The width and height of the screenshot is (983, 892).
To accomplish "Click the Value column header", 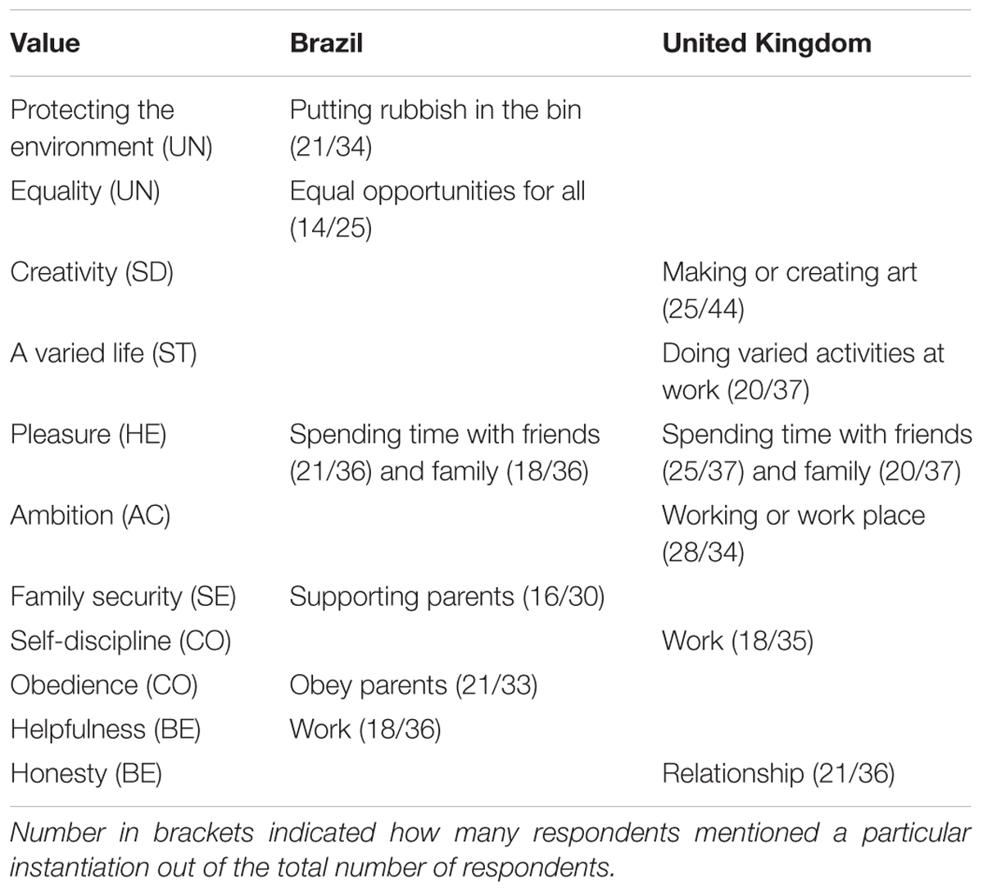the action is [x=45, y=43].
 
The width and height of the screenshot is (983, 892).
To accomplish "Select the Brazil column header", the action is [x=326, y=43].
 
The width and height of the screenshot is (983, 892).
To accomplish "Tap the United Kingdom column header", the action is [x=767, y=43].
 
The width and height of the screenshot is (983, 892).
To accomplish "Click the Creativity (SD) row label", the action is [x=92, y=272].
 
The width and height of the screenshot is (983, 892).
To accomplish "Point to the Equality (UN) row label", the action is [x=85, y=191].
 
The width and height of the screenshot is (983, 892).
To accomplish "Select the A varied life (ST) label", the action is [x=103, y=353].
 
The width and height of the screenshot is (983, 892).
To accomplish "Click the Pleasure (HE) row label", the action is [x=88, y=435].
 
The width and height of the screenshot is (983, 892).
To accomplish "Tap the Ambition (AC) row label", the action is [x=91, y=516].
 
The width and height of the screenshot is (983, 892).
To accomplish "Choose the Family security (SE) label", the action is [x=124, y=597].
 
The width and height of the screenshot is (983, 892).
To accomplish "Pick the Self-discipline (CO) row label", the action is [x=120, y=641].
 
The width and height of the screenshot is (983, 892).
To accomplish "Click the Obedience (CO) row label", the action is [x=104, y=685].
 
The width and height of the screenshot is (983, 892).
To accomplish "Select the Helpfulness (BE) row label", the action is [x=106, y=730].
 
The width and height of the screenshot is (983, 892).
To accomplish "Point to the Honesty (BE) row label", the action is [x=86, y=774].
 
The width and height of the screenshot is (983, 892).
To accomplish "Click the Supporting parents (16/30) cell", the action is [x=447, y=597].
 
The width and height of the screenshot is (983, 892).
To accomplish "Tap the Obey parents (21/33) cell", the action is [x=414, y=685].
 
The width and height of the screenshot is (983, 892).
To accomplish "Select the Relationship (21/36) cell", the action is [x=779, y=774].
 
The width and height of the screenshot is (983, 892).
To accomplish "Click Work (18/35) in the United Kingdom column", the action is [x=738, y=641].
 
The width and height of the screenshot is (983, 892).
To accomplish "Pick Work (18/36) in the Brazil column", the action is [x=365, y=730].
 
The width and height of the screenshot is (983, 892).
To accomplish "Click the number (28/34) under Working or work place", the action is [x=703, y=553].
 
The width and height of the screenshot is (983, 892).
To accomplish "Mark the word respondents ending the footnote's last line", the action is [x=538, y=867].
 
